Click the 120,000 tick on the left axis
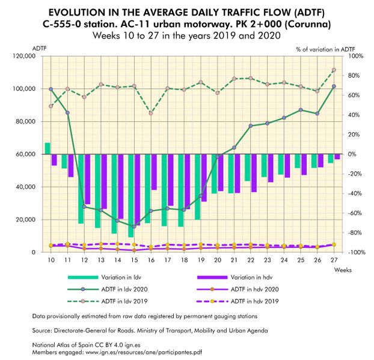(24, 56)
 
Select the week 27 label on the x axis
(333, 260)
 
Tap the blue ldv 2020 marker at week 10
(51, 89)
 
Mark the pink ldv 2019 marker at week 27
(333, 70)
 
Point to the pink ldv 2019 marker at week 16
(151, 113)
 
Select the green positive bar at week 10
(48, 148)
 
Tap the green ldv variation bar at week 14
(114, 194)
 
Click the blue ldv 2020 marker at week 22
(250, 126)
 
